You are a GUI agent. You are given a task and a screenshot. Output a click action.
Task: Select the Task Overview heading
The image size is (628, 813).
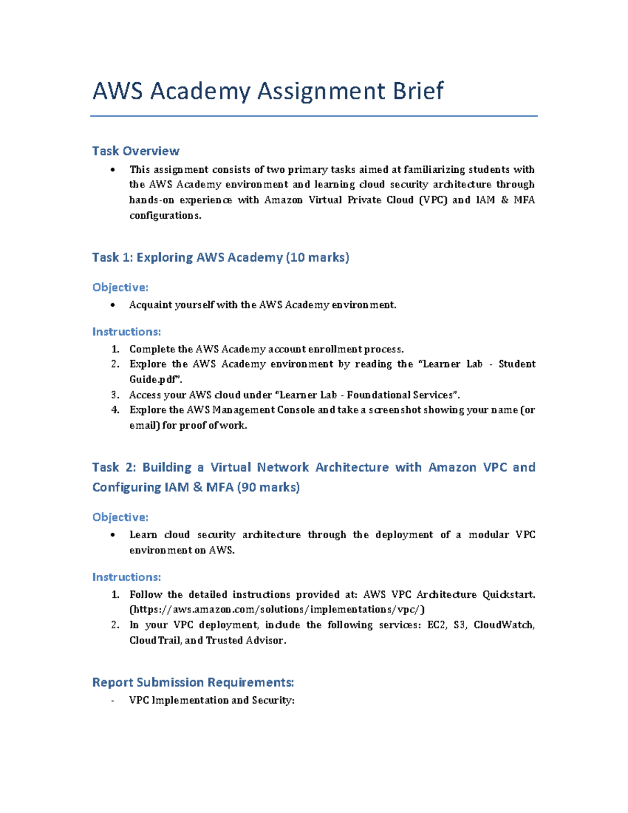pyautogui.click(x=136, y=151)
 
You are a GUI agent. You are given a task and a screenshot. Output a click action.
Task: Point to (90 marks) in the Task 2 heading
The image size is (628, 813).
pyautogui.click(x=268, y=487)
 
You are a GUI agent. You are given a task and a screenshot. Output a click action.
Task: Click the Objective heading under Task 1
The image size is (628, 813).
pyautogui.click(x=120, y=287)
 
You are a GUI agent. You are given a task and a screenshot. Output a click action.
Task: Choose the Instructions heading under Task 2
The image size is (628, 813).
pyautogui.click(x=126, y=577)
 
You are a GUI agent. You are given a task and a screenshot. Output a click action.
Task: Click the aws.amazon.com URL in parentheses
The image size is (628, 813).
pyautogui.click(x=277, y=609)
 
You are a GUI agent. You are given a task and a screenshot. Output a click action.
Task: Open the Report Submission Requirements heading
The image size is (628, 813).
pyautogui.click(x=193, y=683)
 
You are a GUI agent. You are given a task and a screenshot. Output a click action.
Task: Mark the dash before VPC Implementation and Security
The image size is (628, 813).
pyautogui.click(x=113, y=701)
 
